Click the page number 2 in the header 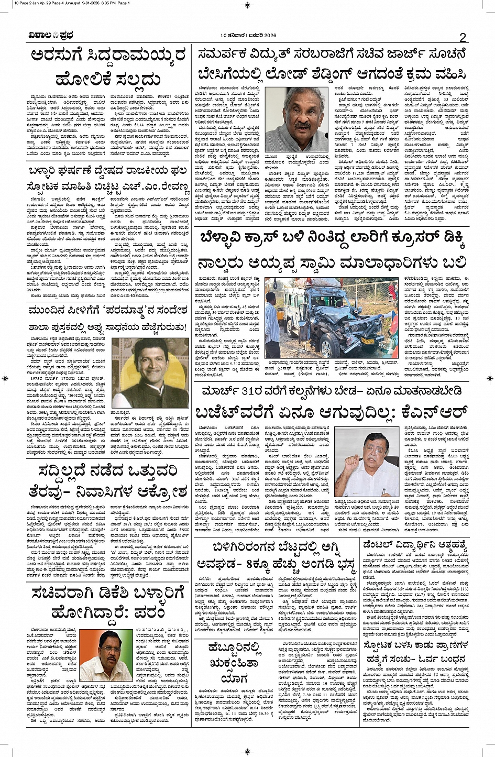click(463, 37)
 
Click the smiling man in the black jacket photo click(150, 372)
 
